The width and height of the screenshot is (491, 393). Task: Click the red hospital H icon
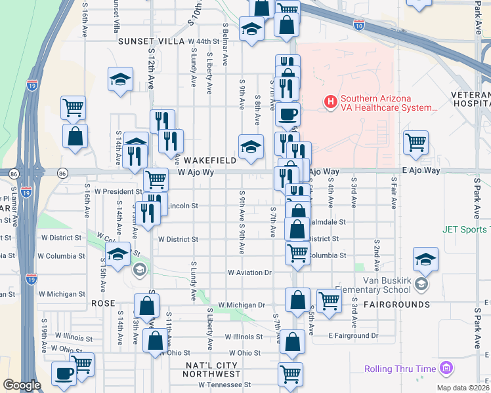pos(331,102)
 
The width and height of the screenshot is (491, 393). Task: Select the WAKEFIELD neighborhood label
pos(209,160)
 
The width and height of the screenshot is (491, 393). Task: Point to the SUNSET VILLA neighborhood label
pos(152,41)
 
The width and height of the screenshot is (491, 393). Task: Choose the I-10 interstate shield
pos(358,26)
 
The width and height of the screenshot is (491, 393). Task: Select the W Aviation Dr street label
pos(249,272)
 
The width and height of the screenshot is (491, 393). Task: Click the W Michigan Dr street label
pos(242,305)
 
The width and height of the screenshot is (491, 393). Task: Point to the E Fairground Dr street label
pos(354,336)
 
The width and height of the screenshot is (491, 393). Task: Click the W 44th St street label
pos(203,41)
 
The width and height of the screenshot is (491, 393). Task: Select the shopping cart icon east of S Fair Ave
pos(416,142)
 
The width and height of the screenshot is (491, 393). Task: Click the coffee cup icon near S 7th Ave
pos(288,114)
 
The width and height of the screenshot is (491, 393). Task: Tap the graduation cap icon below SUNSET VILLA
pos(120,79)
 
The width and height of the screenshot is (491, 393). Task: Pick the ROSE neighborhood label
pos(103,303)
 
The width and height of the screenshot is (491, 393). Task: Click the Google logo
pos(22,385)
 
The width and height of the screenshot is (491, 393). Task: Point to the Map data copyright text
pos(463,388)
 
